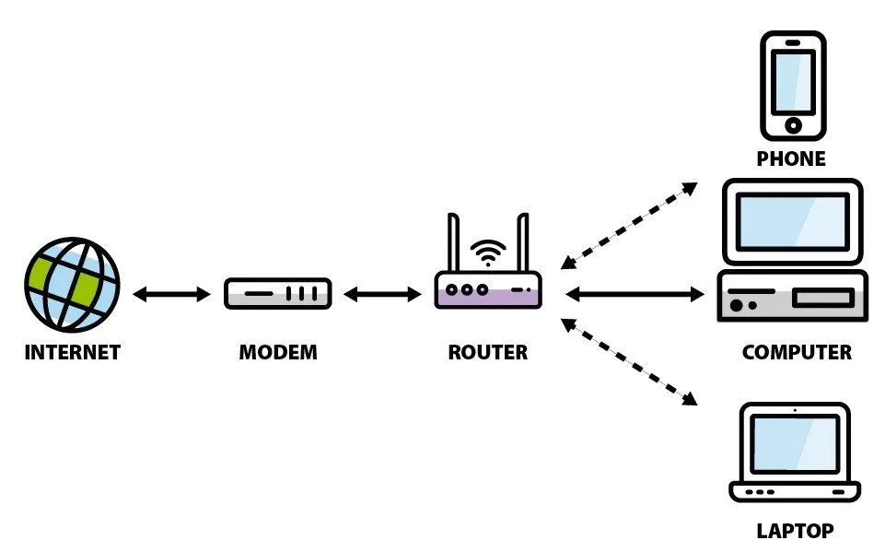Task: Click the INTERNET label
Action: point(72,352)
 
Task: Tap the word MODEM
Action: point(277,352)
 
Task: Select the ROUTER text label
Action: point(488,352)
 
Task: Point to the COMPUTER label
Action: point(797,352)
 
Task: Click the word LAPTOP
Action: point(795,531)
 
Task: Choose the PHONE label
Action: point(791,159)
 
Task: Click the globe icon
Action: point(72,285)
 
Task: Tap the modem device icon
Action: point(277,294)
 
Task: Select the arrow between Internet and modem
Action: point(172,295)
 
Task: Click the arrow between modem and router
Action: point(382,295)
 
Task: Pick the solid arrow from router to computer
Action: point(635,295)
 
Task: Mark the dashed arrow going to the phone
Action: point(630,225)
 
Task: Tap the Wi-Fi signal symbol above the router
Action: point(488,252)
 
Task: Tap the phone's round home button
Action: point(792,125)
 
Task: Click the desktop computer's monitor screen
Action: point(793,221)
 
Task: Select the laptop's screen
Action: point(794,443)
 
